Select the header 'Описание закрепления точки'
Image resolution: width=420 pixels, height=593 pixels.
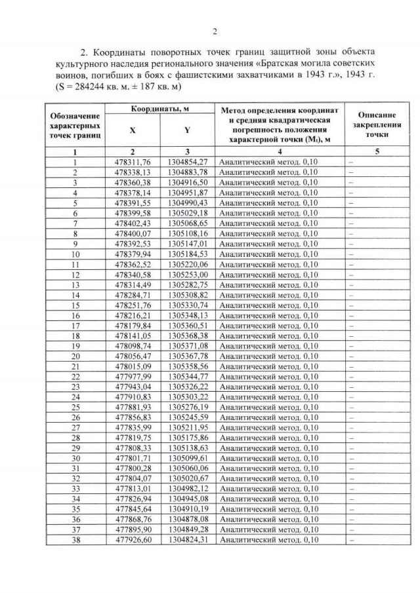pyautogui.click(x=375, y=122)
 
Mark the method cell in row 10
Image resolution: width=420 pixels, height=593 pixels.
pyautogui.click(x=268, y=254)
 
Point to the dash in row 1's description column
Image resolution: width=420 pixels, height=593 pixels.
pyautogui.click(x=350, y=162)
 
